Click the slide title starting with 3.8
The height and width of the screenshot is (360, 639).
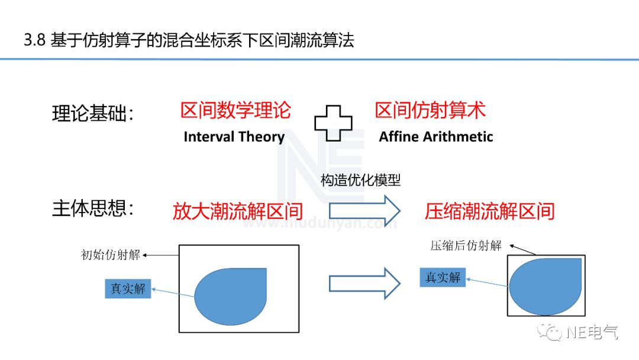pyautogui.click(x=189, y=40)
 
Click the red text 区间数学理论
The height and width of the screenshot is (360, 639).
pyautogui.click(x=235, y=111)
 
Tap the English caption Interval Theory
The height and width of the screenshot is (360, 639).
pyautogui.click(x=234, y=137)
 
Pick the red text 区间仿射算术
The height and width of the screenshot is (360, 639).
pyautogui.click(x=430, y=110)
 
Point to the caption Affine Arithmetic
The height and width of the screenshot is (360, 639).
pyautogui.click(x=435, y=137)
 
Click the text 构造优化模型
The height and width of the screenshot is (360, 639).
pyautogui.click(x=360, y=180)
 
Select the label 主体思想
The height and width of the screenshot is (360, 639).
pyautogui.click(x=93, y=209)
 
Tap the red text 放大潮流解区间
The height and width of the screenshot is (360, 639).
pyautogui.click(x=238, y=211)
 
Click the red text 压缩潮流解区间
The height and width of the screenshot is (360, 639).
pyautogui.click(x=489, y=211)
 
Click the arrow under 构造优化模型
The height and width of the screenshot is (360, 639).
pyautogui.click(x=364, y=211)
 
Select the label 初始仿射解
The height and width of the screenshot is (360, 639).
pyautogui.click(x=111, y=255)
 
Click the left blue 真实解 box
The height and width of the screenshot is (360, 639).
pyautogui.click(x=128, y=288)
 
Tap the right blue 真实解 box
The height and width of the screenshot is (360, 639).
pyautogui.click(x=443, y=277)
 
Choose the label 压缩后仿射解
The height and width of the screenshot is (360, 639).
pyautogui.click(x=466, y=246)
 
